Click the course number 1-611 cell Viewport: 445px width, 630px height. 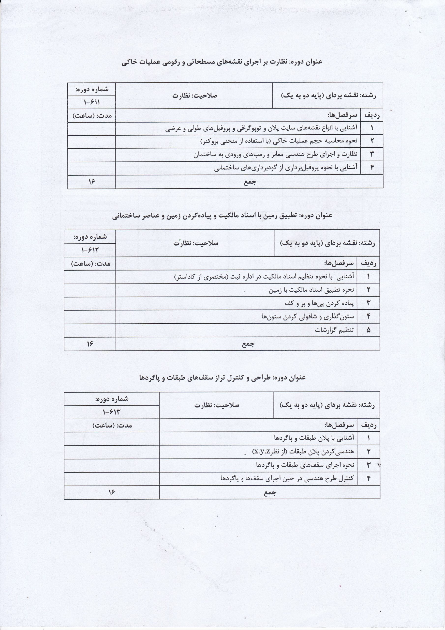pyautogui.click(x=91, y=102)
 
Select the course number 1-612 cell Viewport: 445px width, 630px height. pyautogui.click(x=90, y=250)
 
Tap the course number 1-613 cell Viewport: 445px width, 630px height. pyautogui.click(x=112, y=412)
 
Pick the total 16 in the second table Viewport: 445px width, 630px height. pyautogui.click(x=90, y=344)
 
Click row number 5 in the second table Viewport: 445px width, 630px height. pyautogui.click(x=368, y=330)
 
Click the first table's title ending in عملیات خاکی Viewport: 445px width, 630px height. pyautogui.click(x=222, y=62)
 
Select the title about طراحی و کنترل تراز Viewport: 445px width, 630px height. pyautogui.click(x=222, y=378)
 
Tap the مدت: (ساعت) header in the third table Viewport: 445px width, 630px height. pyautogui.click(x=112, y=425)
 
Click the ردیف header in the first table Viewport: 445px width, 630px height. pyautogui.click(x=372, y=115)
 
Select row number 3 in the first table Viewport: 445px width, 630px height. pyautogui.click(x=372, y=155)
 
